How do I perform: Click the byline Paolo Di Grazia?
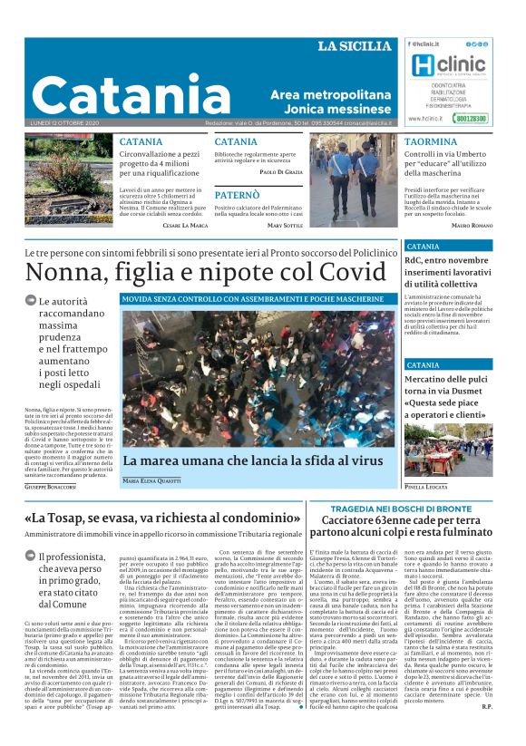click(x=281, y=171)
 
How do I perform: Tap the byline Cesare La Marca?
click(x=186, y=224)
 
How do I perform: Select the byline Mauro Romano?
click(x=472, y=224)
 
